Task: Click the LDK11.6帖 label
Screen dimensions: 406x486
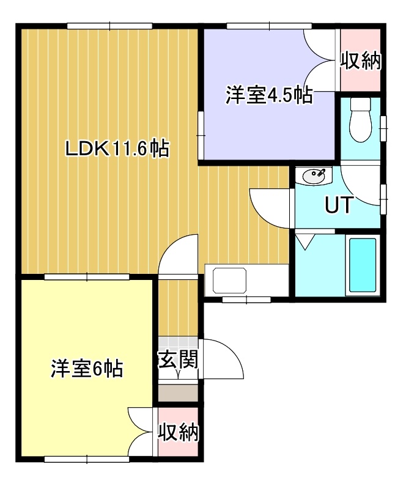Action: pyautogui.click(x=117, y=149)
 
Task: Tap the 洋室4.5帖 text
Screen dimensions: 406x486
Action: pyautogui.click(x=268, y=95)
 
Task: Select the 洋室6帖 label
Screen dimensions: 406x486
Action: pyautogui.click(x=87, y=368)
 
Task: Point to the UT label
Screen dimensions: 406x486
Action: pyautogui.click(x=339, y=205)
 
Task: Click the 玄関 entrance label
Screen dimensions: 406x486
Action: pyautogui.click(x=178, y=360)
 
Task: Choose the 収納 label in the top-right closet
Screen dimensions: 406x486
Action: pyautogui.click(x=361, y=61)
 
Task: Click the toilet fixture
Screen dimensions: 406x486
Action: pyautogui.click(x=360, y=120)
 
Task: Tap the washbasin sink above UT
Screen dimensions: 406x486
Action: pyautogui.click(x=314, y=176)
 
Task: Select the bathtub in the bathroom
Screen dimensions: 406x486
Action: pyautogui.click(x=363, y=266)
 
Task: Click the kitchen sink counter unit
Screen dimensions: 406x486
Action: pyautogui.click(x=246, y=281)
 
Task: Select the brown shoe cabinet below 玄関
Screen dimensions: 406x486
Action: pyautogui.click(x=178, y=392)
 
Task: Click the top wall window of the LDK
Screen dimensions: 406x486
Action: pyautogui.click(x=109, y=26)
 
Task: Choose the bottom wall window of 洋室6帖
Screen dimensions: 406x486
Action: pyautogui.click(x=87, y=459)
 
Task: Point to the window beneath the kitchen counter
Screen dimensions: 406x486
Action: pyautogui.click(x=246, y=300)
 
